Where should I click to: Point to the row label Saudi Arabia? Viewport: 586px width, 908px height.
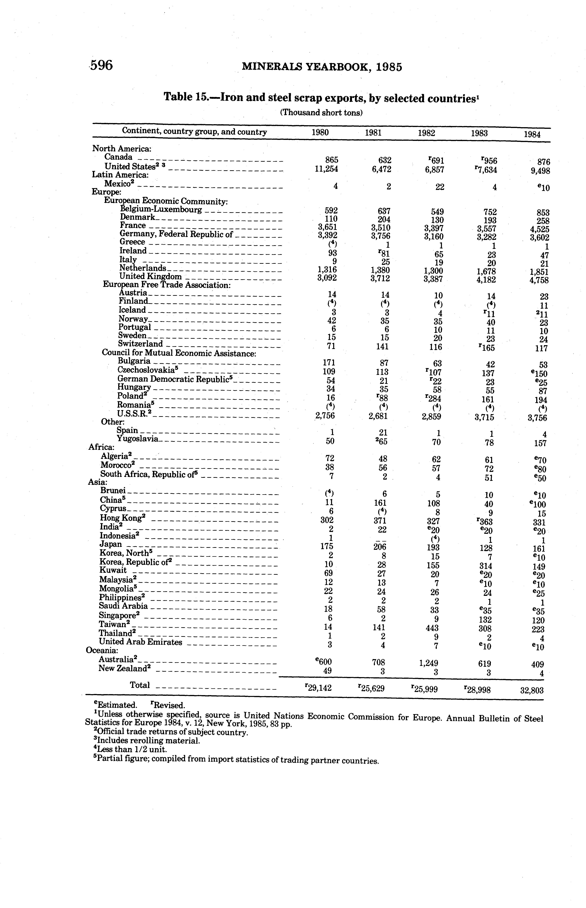coord(123,606)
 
